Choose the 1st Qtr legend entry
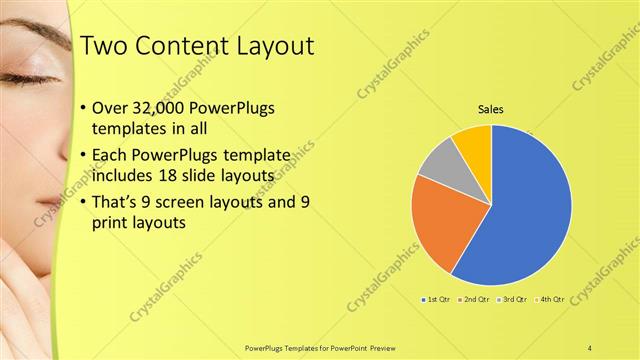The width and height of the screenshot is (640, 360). [x=438, y=299]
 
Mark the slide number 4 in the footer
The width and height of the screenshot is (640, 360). [x=590, y=347]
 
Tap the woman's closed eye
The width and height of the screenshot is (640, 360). [x=27, y=78]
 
